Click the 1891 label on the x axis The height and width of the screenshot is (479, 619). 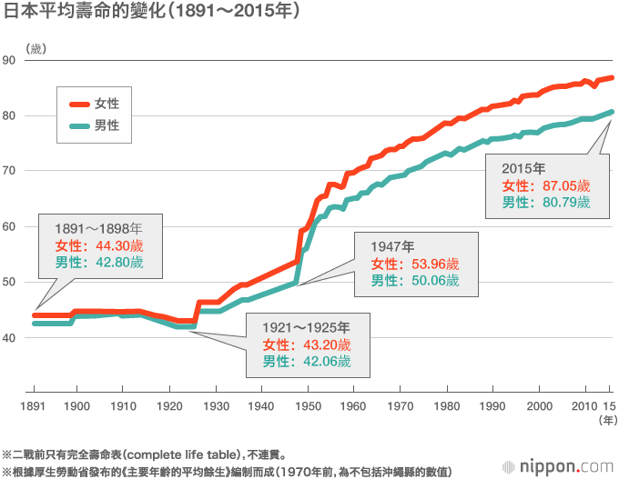34,404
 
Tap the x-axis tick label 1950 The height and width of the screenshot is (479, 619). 308,404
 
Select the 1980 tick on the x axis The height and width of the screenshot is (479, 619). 447,404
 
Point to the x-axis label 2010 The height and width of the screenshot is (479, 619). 585,404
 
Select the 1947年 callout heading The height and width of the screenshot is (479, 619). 392,246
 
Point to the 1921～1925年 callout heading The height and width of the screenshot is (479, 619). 306,326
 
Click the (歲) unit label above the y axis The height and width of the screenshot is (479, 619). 36,47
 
